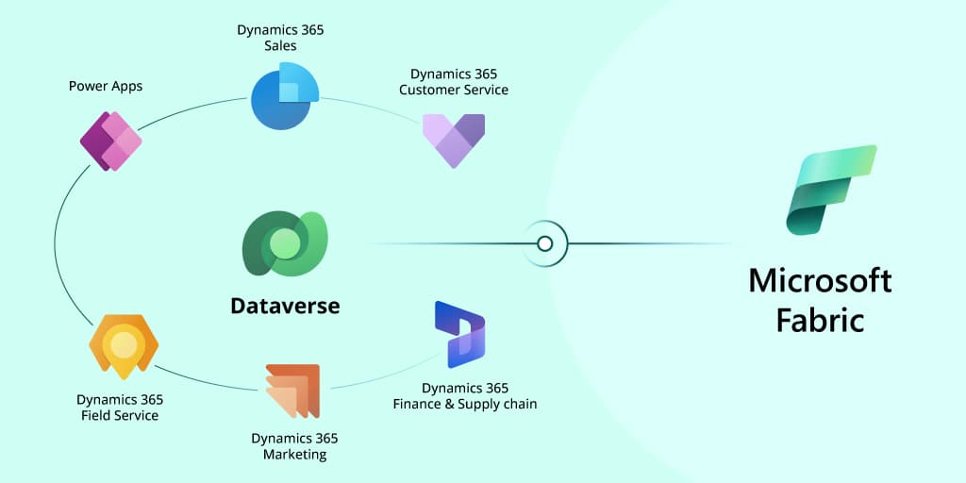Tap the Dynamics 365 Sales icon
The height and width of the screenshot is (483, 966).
pos(285,95)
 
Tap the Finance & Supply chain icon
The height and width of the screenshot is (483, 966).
pos(459,334)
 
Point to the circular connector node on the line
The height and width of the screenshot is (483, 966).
pos(544,244)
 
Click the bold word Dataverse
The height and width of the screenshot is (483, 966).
pos(285,306)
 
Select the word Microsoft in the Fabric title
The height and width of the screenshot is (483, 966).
pos(820,281)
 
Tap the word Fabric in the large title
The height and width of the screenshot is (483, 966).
pos(820,321)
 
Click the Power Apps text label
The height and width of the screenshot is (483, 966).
pos(106,86)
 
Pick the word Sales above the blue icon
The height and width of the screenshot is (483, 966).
pos(280,45)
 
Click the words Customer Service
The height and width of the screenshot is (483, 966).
pos(454,90)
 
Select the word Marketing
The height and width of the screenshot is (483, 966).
pos(294,454)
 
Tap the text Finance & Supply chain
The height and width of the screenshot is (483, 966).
pos(465,404)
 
